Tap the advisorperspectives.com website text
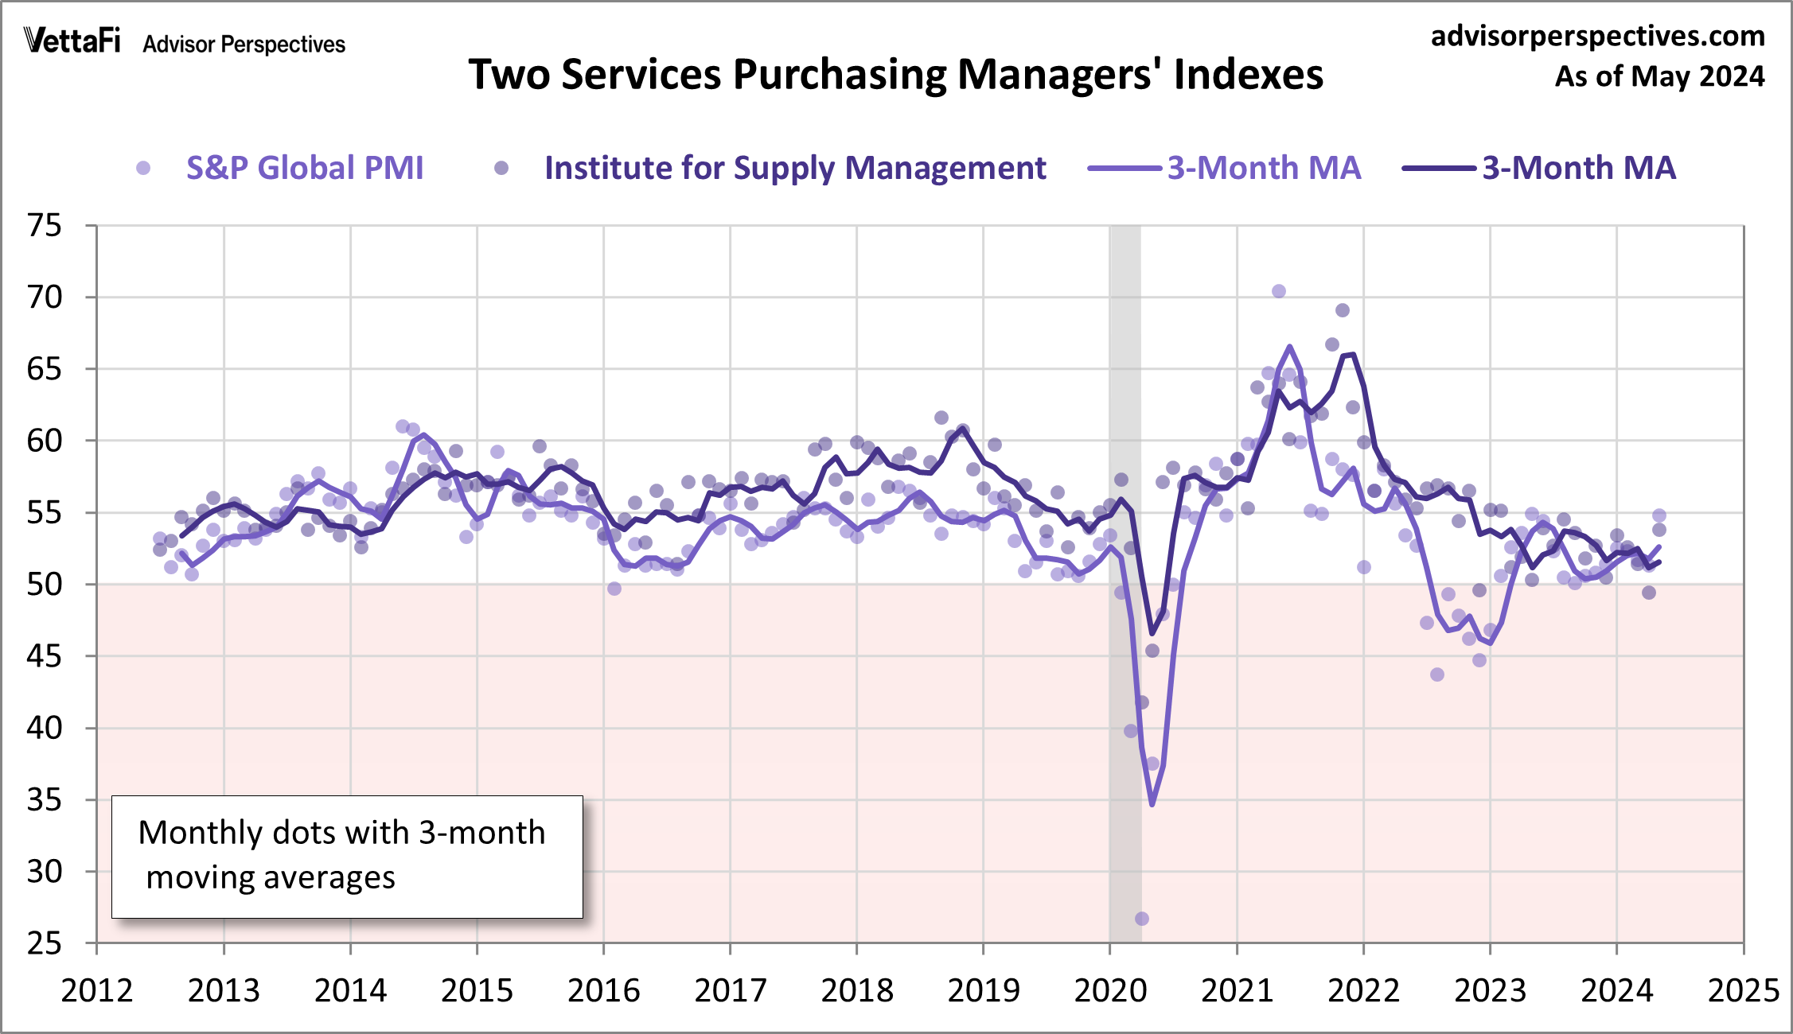coord(1597,36)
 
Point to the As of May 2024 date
coord(1659,76)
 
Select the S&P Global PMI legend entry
coord(304,168)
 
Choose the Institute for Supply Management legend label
coord(794,168)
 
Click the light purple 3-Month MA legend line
coord(1124,168)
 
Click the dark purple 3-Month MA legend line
coord(1439,168)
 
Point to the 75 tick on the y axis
coord(44,226)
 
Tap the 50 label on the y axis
coord(44,585)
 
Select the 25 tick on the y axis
coord(44,943)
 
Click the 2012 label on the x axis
coord(97,991)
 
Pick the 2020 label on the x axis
coord(1110,991)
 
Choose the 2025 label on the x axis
coord(1743,991)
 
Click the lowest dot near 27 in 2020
coord(1142,919)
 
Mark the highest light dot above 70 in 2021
coord(1279,291)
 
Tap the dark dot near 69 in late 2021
coord(1343,310)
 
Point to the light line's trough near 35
coord(1152,804)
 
